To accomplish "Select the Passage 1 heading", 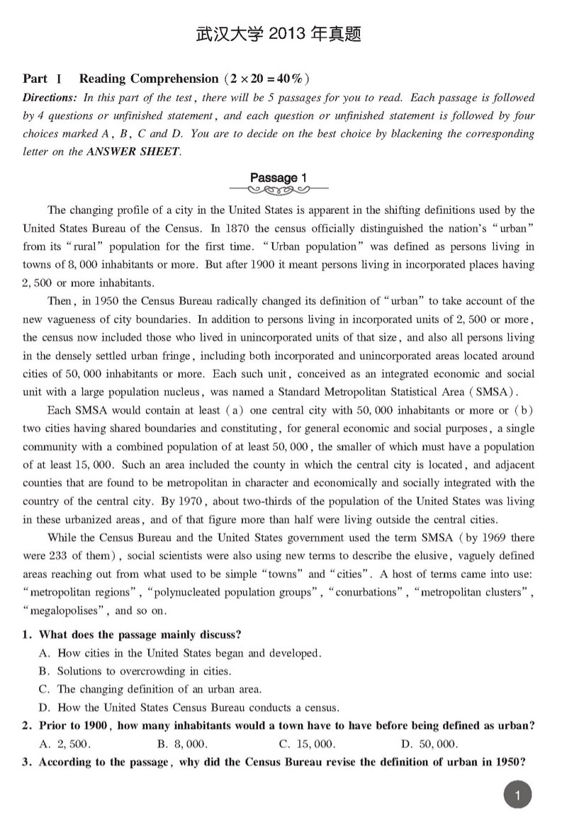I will pyautogui.click(x=278, y=177).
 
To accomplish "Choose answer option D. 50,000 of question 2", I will pyautogui.click(x=429, y=744).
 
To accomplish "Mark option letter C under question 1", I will pyautogui.click(x=43, y=689).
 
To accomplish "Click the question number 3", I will pyautogui.click(x=27, y=763).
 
